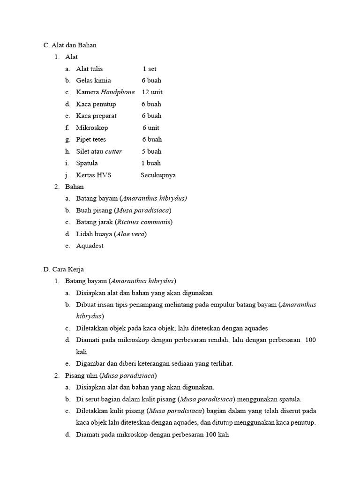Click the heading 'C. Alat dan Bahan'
[x=70, y=45]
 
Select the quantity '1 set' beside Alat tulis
[x=150, y=69]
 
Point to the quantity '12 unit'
[x=152, y=92]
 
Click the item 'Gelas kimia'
[x=94, y=81]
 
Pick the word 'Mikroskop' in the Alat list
[x=92, y=127]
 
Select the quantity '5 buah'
[x=151, y=151]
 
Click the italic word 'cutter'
[x=113, y=151]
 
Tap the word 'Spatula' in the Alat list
[x=87, y=163]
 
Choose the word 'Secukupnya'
[x=158, y=175]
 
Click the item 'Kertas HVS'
[x=94, y=175]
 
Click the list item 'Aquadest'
[x=90, y=246]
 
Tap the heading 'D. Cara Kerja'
[x=63, y=270]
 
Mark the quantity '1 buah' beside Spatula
[x=151, y=163]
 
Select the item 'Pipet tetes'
[x=91, y=140]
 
